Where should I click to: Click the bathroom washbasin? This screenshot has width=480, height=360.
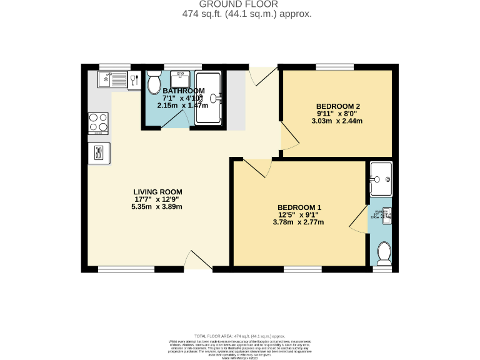[181, 79]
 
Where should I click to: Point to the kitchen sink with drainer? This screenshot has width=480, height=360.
[112, 80]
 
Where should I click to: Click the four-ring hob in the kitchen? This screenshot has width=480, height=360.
[98, 123]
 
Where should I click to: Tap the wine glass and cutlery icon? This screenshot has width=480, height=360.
[134, 80]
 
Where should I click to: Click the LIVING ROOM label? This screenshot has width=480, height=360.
[157, 192]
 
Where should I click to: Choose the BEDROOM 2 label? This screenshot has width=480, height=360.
[337, 106]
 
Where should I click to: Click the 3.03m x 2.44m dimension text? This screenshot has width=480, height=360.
[337, 121]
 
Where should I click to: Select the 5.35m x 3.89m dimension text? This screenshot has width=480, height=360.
[157, 206]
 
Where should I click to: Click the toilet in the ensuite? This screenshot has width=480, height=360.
[382, 254]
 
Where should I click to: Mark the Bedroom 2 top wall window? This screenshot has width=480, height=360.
[334, 66]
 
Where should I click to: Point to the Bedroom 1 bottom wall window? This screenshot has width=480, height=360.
[302, 269]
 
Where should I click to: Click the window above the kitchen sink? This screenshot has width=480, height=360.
[114, 66]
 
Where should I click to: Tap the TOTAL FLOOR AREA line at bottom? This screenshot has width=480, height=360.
[240, 336]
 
